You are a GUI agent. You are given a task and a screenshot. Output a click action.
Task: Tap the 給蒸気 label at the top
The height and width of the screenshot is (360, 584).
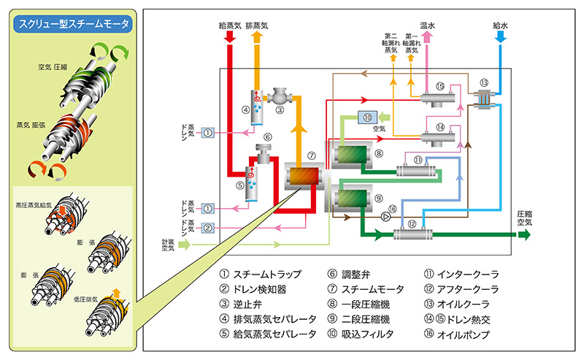pyautogui.click(x=231, y=24)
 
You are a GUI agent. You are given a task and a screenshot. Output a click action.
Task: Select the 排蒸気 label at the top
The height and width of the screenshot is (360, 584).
pyautogui.click(x=257, y=24)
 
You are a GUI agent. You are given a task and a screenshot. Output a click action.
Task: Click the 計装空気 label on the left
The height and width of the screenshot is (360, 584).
pyautogui.click(x=168, y=245)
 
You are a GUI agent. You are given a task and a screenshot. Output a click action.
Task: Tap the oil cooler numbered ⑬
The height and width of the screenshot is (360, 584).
pyautogui.click(x=483, y=98)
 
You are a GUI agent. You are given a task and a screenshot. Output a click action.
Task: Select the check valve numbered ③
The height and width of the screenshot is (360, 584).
pyautogui.click(x=280, y=96)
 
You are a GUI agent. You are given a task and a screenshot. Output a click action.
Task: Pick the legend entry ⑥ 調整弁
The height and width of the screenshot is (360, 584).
pyautogui.click(x=356, y=274)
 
